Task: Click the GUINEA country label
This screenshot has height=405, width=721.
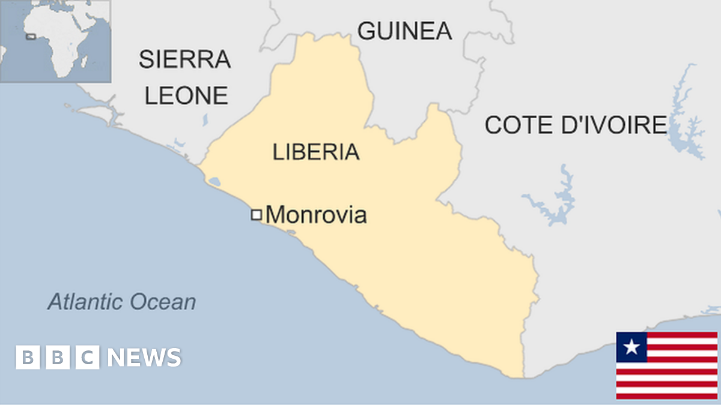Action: coord(404,31)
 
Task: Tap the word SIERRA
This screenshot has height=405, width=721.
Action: coord(184,59)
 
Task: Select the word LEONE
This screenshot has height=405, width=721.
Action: coord(186,95)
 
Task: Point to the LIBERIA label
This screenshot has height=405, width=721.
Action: coord(316,152)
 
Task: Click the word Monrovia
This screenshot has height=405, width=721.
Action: coord(316,214)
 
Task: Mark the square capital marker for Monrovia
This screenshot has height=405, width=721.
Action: coord(257,214)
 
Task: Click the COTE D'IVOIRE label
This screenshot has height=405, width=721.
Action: coord(576,125)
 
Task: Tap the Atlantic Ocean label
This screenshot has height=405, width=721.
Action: coord(122,302)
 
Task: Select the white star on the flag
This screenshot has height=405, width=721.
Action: coord(631,347)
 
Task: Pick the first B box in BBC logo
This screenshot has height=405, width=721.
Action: coord(27,358)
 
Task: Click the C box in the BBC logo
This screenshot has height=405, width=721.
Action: coord(87,358)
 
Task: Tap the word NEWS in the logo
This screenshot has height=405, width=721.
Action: coord(144,358)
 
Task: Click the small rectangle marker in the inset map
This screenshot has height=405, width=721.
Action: coord(31,37)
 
